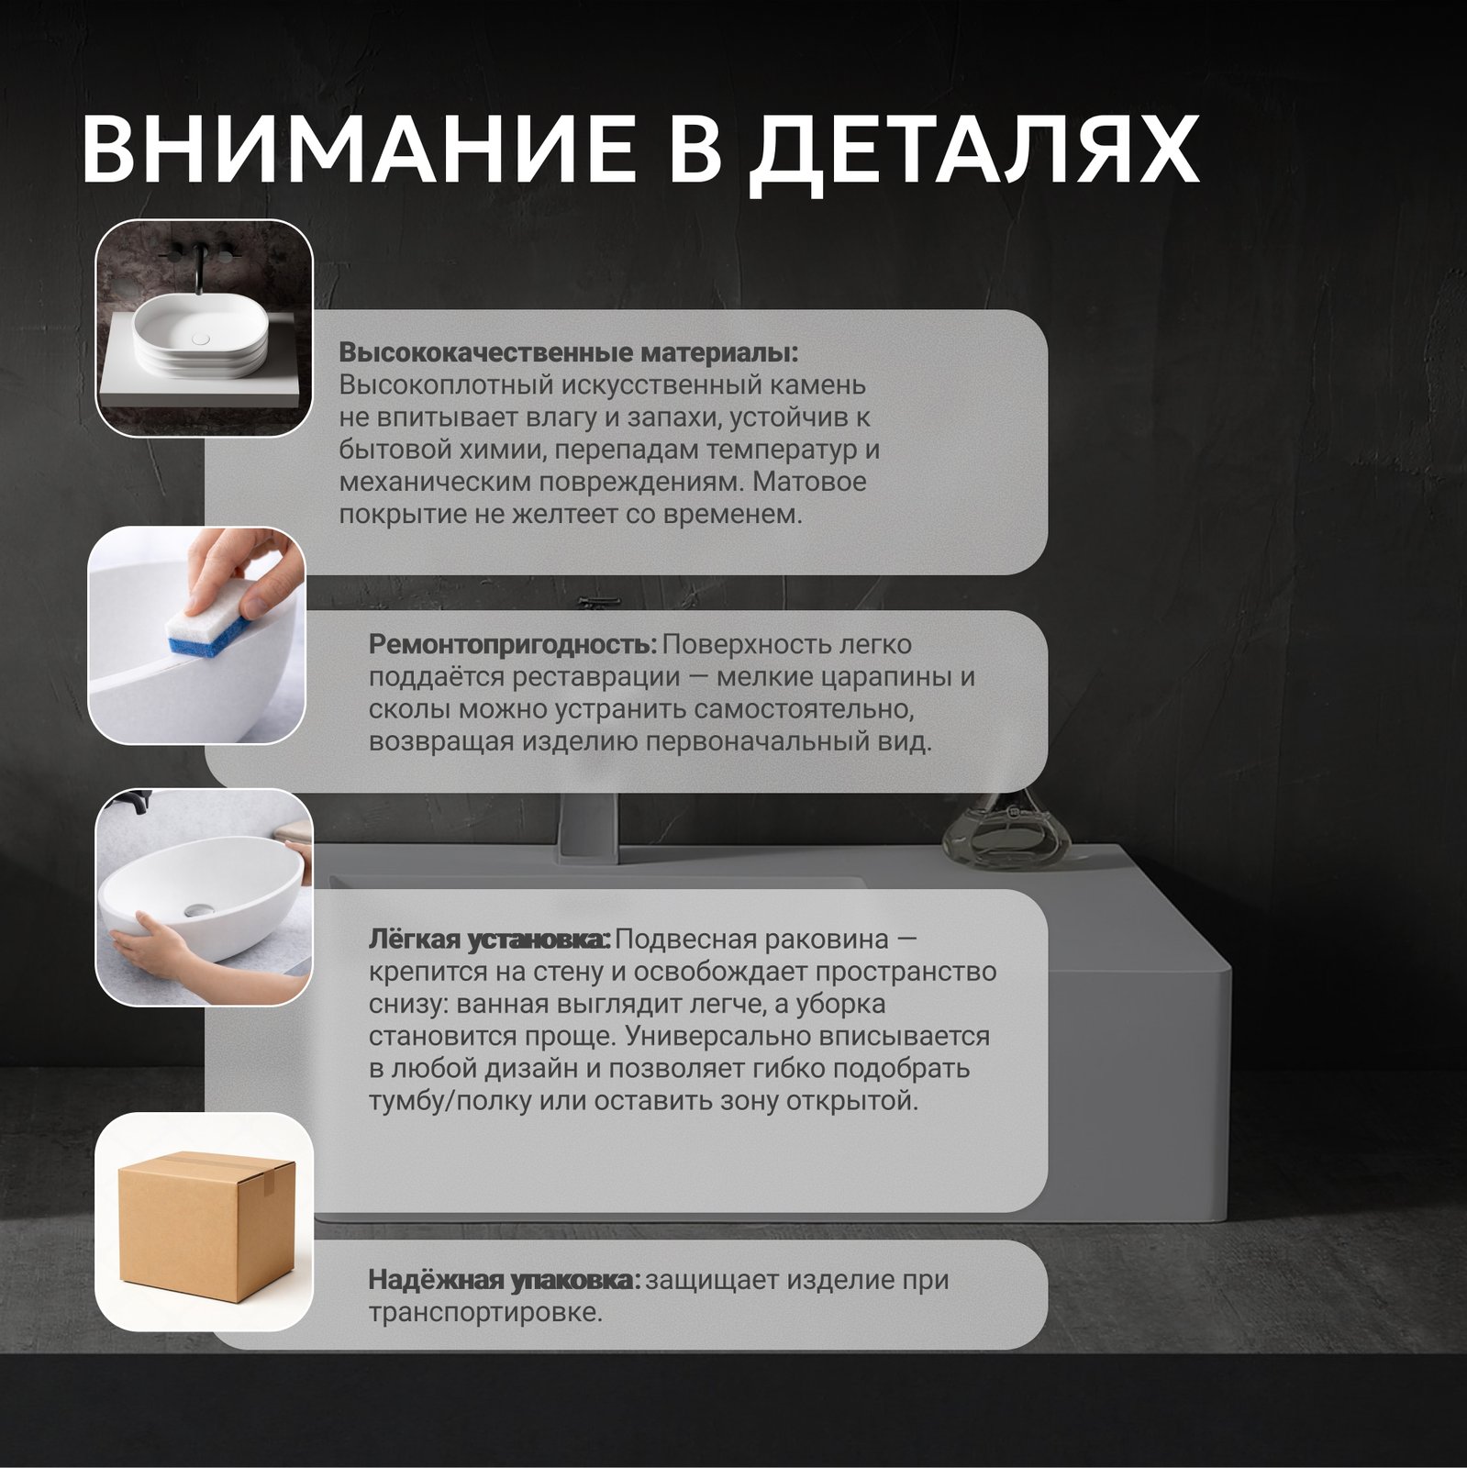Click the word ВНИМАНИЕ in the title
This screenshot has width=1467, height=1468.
356,150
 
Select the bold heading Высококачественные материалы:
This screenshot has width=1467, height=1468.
569,353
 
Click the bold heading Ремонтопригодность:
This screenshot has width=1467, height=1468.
513,644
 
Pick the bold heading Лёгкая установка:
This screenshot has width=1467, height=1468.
490,940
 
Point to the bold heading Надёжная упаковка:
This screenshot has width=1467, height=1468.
505,1280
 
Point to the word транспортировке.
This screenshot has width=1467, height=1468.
485,1313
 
